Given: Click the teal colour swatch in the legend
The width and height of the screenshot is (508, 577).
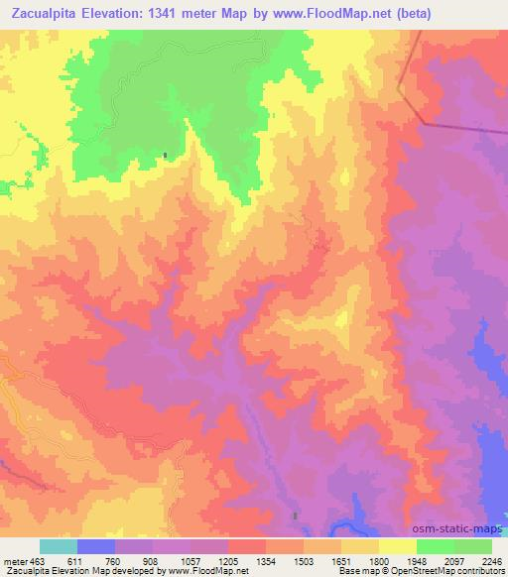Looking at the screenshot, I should [x=58, y=547].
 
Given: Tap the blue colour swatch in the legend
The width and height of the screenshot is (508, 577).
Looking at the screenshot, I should [x=95, y=547].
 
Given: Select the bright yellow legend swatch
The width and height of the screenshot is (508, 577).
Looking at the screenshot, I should [x=397, y=547].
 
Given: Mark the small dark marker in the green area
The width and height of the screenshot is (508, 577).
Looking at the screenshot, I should [x=166, y=155].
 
